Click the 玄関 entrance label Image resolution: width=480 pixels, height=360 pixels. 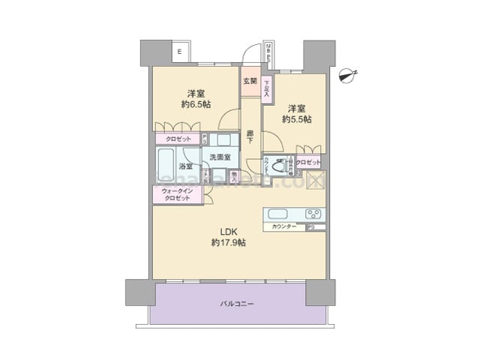click(x=250, y=81)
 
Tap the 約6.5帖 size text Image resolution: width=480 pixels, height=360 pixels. click(x=196, y=106)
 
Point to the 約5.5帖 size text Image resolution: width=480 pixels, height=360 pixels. click(x=297, y=118)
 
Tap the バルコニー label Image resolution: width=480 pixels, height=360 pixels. click(x=237, y=304)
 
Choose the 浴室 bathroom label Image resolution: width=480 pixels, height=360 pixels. click(x=186, y=166)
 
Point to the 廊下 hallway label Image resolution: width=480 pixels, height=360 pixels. click(x=250, y=137)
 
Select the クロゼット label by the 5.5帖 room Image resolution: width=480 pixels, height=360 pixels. click(x=307, y=163)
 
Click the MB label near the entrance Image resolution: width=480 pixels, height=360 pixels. click(x=271, y=52)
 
